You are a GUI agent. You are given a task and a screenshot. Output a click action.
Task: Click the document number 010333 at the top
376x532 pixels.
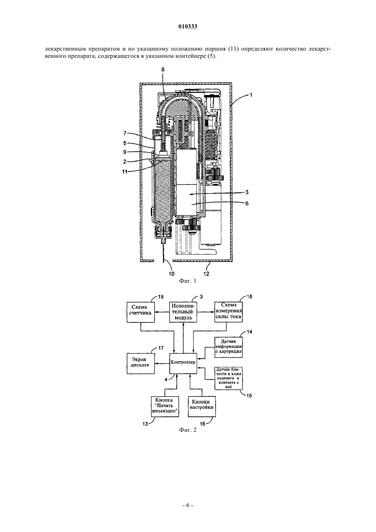pyautogui.click(x=188, y=27)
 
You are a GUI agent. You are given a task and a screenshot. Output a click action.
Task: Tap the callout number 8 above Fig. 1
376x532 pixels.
pyautogui.click(x=163, y=69)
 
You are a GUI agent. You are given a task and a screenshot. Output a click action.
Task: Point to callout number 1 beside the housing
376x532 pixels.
pyautogui.click(x=251, y=95)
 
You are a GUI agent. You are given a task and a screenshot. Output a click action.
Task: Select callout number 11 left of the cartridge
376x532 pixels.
pyautogui.click(x=125, y=172)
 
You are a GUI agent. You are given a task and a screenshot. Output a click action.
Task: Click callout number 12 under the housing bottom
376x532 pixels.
pyautogui.click(x=206, y=274)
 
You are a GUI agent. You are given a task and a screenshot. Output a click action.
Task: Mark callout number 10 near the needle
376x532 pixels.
pyautogui.click(x=171, y=274)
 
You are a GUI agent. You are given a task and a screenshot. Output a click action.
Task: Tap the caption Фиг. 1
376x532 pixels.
pyautogui.click(x=188, y=281)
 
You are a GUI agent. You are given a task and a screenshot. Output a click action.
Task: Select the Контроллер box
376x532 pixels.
pyautogui.click(x=183, y=362)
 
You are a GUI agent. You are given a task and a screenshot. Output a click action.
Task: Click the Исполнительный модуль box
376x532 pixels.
pyautogui.click(x=183, y=312)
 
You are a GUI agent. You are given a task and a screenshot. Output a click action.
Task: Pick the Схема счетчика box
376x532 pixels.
pyautogui.click(x=140, y=312)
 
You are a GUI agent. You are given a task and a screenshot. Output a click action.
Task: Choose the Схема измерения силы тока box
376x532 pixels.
pyautogui.click(x=228, y=312)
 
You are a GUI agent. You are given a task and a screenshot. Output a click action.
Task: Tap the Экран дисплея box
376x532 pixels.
pyautogui.click(x=140, y=363)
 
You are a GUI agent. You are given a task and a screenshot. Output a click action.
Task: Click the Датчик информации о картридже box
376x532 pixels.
pyautogui.click(x=228, y=347)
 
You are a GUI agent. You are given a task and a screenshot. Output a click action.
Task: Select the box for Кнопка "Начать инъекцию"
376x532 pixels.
pyautogui.click(x=165, y=407)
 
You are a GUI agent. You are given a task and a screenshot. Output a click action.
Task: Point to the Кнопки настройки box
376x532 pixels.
pyautogui.click(x=202, y=407)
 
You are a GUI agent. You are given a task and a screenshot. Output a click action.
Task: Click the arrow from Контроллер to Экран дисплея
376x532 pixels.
pyautogui.click(x=162, y=363)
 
